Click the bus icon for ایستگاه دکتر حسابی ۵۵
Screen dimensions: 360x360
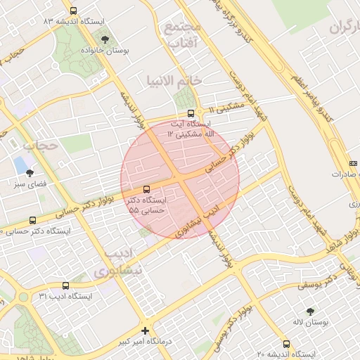click(x=146, y=189)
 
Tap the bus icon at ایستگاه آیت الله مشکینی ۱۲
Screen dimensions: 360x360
click(x=191, y=112)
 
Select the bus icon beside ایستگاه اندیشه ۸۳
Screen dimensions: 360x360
click(x=74, y=11)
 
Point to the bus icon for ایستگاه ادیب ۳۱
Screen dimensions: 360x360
click(x=65, y=285)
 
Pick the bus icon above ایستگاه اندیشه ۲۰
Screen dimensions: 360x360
click(x=286, y=344)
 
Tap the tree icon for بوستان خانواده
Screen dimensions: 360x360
click(x=105, y=39)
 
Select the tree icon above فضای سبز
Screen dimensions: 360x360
click(x=30, y=172)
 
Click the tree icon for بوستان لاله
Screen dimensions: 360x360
click(x=310, y=311)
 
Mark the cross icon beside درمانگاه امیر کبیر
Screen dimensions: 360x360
click(x=146, y=330)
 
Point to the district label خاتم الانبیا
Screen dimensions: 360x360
click(x=174, y=80)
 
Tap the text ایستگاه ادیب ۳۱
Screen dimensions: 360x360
click(x=65, y=297)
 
